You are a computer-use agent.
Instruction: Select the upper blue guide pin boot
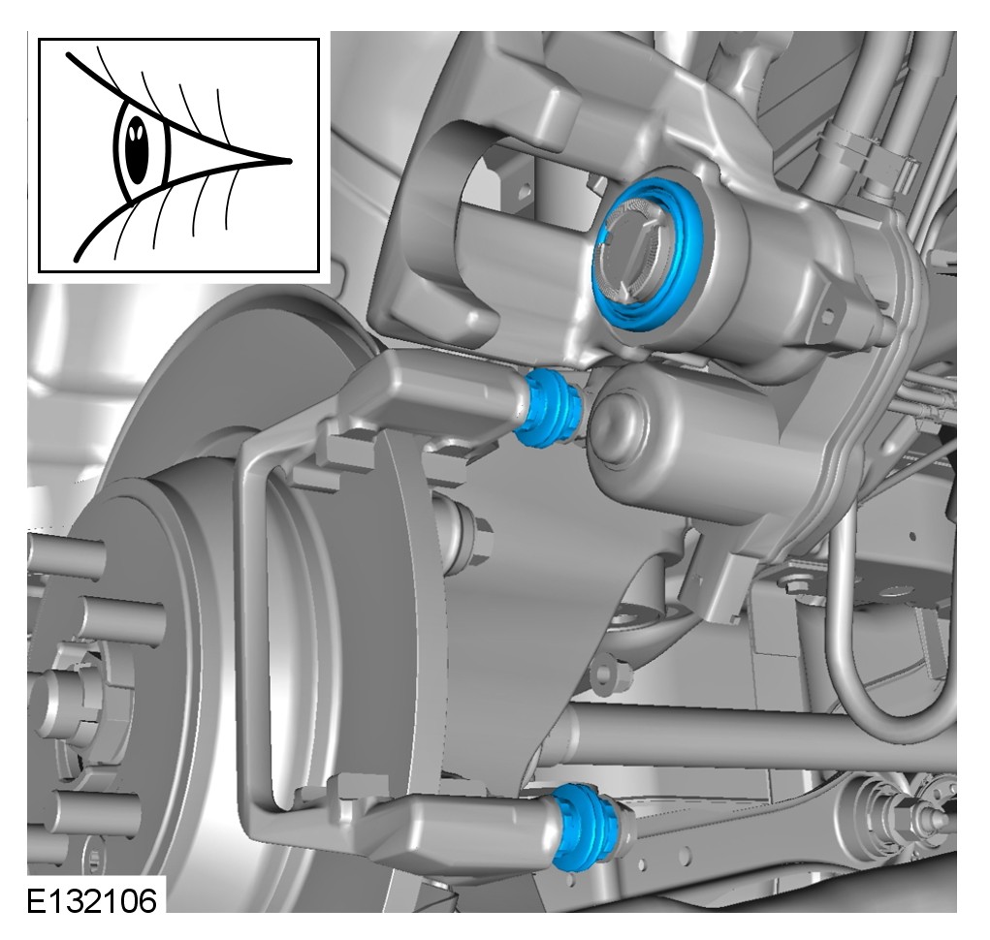point(547,408)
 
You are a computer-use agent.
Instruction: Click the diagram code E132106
point(91,901)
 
